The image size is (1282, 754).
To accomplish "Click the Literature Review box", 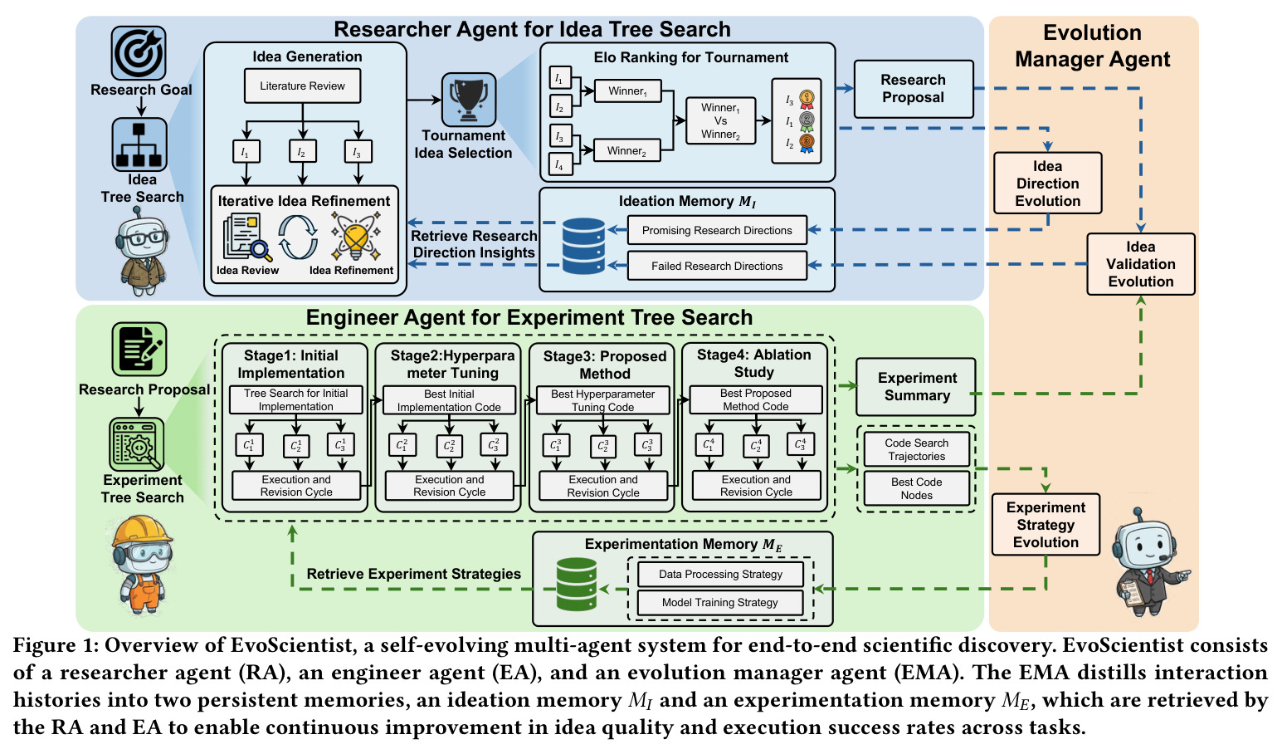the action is pyautogui.click(x=302, y=86).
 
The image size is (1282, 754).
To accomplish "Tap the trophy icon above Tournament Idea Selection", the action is pyautogui.click(x=469, y=100).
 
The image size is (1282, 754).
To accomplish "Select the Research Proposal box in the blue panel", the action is pyautogui.click(x=914, y=89).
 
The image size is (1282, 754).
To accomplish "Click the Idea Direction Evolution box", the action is pyautogui.click(x=1047, y=184).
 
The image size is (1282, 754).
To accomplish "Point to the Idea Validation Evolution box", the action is pyautogui.click(x=1141, y=264).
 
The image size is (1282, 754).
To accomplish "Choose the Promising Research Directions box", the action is pyautogui.click(x=717, y=230).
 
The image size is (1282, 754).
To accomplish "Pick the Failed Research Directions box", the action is pyautogui.click(x=717, y=266).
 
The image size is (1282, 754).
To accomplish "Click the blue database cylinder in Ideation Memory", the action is pyautogui.click(x=583, y=246).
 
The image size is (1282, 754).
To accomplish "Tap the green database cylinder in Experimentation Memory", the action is pyautogui.click(x=577, y=585).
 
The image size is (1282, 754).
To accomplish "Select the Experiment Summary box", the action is pyautogui.click(x=916, y=387).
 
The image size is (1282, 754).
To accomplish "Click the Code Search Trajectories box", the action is pyautogui.click(x=916, y=450).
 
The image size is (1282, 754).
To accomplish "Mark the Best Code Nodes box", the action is pyautogui.click(x=916, y=488).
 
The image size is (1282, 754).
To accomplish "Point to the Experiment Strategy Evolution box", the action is pyautogui.click(x=1046, y=525).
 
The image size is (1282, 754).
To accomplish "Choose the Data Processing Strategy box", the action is pyautogui.click(x=720, y=574).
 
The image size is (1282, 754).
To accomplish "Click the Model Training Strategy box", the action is pyautogui.click(x=720, y=603).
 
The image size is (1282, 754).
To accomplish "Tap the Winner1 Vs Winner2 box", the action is pyautogui.click(x=720, y=121).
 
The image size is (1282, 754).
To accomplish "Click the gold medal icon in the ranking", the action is pyautogui.click(x=807, y=99).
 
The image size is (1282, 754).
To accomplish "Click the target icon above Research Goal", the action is pyautogui.click(x=139, y=52).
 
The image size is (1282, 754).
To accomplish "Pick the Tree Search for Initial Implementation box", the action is pyautogui.click(x=296, y=400).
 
